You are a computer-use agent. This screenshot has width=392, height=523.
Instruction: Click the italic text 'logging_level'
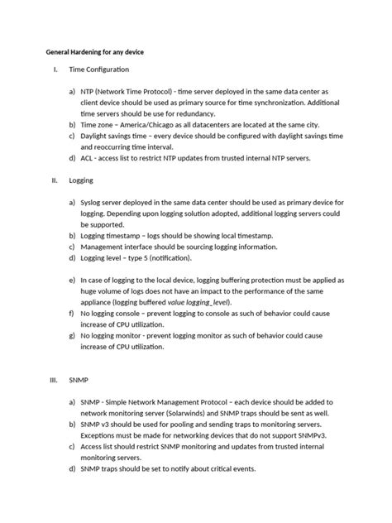coord(232,304)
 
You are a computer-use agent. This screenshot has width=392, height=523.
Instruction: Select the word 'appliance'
coord(101,304)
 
